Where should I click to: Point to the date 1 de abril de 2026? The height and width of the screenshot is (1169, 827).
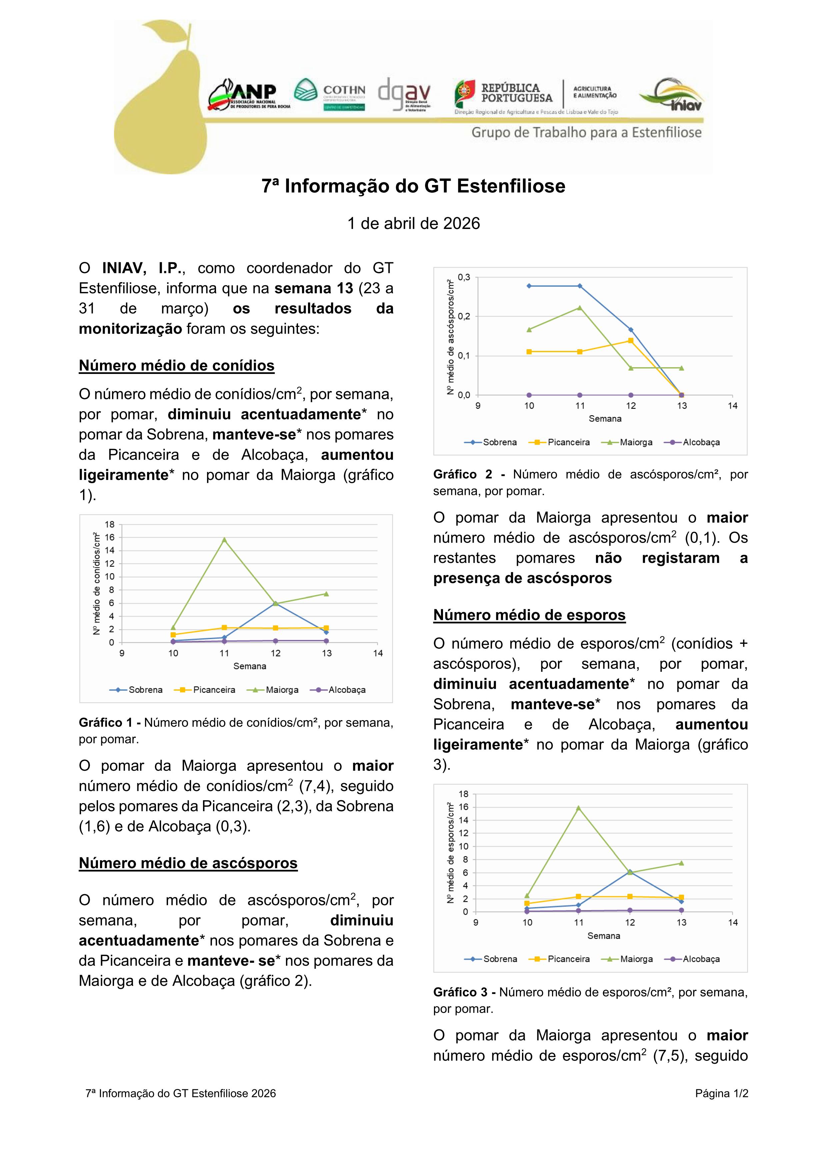[413, 224]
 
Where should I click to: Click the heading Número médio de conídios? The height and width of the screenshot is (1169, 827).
[176, 366]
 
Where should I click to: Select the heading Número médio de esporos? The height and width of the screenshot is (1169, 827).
[529, 615]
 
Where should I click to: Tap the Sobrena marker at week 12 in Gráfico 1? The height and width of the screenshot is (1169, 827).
[275, 603]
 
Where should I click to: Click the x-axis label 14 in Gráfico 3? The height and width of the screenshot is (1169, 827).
[733, 923]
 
